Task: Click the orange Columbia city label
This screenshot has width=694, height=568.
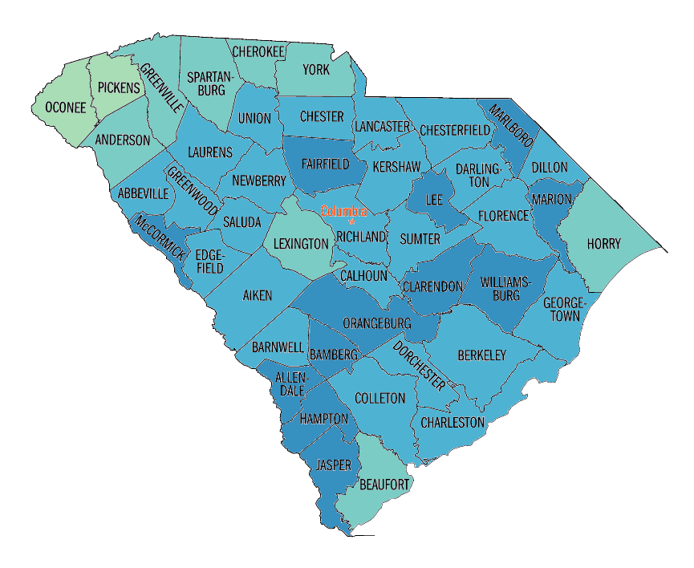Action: pyautogui.click(x=343, y=212)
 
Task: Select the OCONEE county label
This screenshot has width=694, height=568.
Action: pyautogui.click(x=64, y=108)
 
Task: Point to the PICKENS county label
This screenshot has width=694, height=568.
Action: pyautogui.click(x=118, y=87)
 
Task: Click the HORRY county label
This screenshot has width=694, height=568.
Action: pyautogui.click(x=603, y=243)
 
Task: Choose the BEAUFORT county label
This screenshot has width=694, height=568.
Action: pyautogui.click(x=384, y=485)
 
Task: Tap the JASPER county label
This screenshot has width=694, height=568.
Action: pyautogui.click(x=334, y=465)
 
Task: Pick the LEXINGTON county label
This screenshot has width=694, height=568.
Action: pyautogui.click(x=300, y=243)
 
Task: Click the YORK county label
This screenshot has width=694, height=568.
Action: pyautogui.click(x=316, y=70)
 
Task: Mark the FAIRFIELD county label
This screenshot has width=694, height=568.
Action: pyautogui.click(x=325, y=164)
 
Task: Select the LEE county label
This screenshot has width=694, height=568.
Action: pyautogui.click(x=434, y=198)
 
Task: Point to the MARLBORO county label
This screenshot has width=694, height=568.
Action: pyautogui.click(x=510, y=126)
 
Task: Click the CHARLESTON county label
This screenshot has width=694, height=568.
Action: pyautogui.click(x=453, y=422)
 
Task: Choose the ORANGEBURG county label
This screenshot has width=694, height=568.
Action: pyautogui.click(x=376, y=323)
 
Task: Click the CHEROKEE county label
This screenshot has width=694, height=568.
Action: pyautogui.click(x=258, y=51)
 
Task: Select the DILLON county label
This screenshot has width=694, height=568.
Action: pyautogui.click(x=549, y=168)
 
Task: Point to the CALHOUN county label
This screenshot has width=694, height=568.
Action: pyautogui.click(x=363, y=275)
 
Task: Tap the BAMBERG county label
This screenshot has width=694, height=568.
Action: pyautogui.click(x=333, y=354)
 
